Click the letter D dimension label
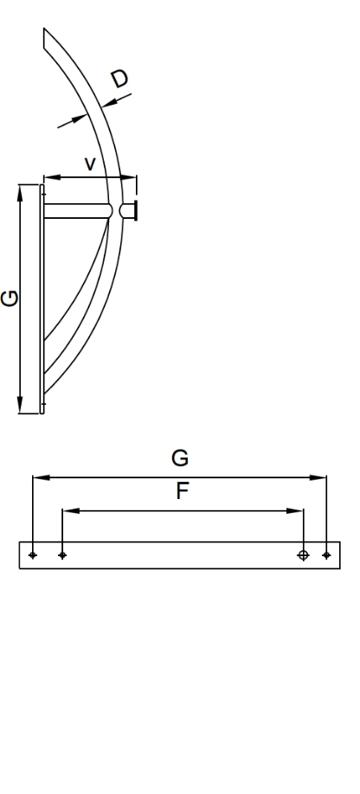tap(120, 79)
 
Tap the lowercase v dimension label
tap(90, 164)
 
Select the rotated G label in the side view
tap(10, 298)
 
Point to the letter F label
tap(183, 491)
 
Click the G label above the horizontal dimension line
tap(180, 458)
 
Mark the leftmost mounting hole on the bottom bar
tap(33, 555)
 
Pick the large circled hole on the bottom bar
tap(303, 555)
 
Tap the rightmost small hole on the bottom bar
tap(326, 555)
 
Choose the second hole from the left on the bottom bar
tap(62, 555)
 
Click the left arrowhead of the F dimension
tap(71, 511)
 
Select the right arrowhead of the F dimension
tap(295, 511)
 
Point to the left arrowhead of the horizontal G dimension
tap(42, 477)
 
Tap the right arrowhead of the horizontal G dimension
tap(318, 477)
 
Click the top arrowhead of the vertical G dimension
tap(20, 194)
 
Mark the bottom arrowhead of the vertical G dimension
tap(20, 405)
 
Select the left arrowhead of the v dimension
tap(53, 177)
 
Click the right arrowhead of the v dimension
tap(129, 177)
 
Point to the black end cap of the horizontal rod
tap(135, 211)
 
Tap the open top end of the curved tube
tap(44, 38)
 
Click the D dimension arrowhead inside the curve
tap(80, 119)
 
